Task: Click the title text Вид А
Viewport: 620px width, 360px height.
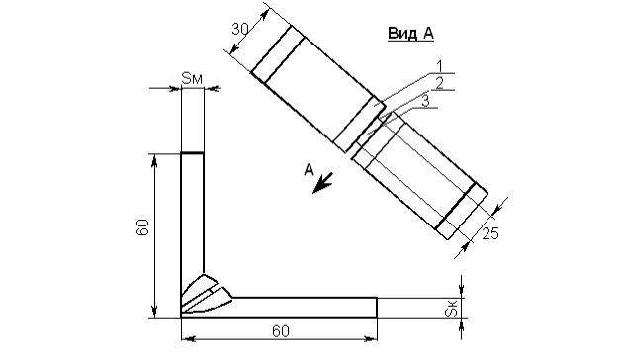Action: (x=410, y=34)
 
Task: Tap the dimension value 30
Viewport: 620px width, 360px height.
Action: (x=240, y=29)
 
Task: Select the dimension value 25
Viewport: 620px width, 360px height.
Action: (x=490, y=233)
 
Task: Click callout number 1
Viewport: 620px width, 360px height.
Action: (x=440, y=66)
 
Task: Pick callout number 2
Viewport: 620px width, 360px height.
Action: (x=439, y=83)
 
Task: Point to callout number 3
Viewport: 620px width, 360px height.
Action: (x=425, y=101)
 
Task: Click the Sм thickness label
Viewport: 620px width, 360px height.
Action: (x=192, y=78)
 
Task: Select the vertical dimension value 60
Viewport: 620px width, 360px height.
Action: (x=142, y=227)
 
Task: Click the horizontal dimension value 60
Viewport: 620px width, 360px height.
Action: (x=281, y=331)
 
